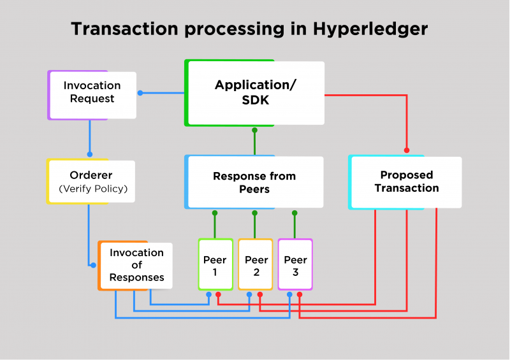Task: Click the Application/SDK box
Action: (x=254, y=93)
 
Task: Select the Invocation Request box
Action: (x=92, y=95)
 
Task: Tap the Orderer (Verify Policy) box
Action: (x=91, y=182)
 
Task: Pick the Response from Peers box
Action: (x=254, y=182)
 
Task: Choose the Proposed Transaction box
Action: (x=405, y=182)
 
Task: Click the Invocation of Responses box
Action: (x=135, y=265)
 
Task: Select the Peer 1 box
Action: (x=215, y=264)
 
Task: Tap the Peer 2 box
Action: (x=256, y=264)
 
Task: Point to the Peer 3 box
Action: (x=295, y=264)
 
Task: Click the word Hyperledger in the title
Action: (x=370, y=29)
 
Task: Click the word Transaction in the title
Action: (x=124, y=29)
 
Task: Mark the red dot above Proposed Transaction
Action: (x=407, y=150)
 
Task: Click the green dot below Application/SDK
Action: (x=254, y=130)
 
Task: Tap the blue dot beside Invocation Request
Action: (x=140, y=93)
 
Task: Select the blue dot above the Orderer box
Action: (x=90, y=154)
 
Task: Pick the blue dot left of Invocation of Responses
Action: (x=93, y=265)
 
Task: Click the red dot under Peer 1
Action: (x=218, y=294)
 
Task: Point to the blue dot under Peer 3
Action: (x=289, y=294)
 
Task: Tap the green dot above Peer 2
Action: (x=254, y=213)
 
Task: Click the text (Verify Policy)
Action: (x=93, y=189)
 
